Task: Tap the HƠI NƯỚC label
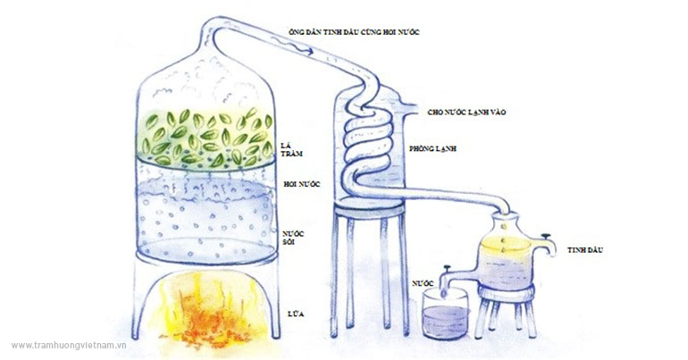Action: [302, 184]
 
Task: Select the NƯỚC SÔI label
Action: [294, 238]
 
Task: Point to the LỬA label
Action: [295, 314]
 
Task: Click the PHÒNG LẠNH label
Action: [432, 148]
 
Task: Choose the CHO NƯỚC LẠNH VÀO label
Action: [466, 113]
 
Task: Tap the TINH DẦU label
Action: [585, 250]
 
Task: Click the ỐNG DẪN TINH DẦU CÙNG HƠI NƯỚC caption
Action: [354, 32]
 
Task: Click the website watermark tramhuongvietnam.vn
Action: [69, 346]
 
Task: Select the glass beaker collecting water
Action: [446, 314]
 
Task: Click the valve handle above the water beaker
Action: [447, 267]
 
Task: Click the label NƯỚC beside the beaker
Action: [423, 283]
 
